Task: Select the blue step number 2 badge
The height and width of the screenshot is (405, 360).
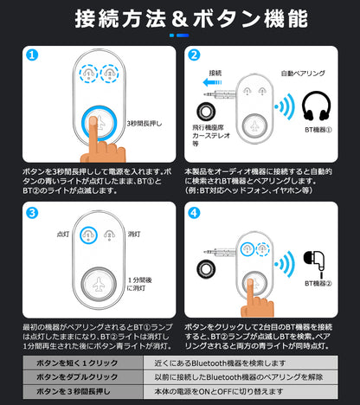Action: [194, 55]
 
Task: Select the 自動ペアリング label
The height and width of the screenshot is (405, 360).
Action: [303, 74]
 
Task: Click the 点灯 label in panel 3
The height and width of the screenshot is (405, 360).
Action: [61, 234]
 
